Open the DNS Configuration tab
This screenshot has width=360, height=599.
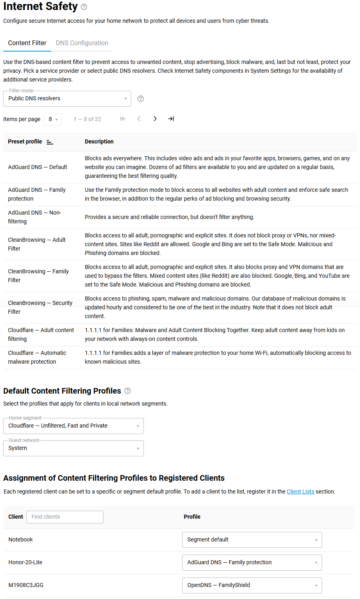(x=82, y=43)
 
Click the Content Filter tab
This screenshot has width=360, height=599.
(x=27, y=43)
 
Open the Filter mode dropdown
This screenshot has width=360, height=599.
(x=67, y=99)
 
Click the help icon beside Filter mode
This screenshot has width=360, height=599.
(x=141, y=99)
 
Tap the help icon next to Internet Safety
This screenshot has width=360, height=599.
(x=84, y=7)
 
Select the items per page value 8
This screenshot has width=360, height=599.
(x=53, y=119)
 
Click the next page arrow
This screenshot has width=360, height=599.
(x=155, y=119)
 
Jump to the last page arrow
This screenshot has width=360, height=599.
(x=171, y=119)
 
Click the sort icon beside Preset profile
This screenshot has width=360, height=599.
(x=50, y=142)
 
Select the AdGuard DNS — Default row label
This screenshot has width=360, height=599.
(x=38, y=167)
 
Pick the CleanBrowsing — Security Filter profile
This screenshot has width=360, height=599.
(x=40, y=307)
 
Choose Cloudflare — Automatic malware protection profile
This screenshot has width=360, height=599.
(x=37, y=357)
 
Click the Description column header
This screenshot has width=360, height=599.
(x=99, y=141)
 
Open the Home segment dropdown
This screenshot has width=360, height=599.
(x=74, y=426)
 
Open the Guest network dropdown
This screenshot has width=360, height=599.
(x=74, y=448)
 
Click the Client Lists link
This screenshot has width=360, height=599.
(x=300, y=492)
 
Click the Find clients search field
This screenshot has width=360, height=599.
(x=65, y=517)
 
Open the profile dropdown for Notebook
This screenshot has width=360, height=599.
(x=252, y=540)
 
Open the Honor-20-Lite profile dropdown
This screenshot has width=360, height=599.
(x=252, y=563)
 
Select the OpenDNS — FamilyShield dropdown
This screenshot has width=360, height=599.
(x=252, y=585)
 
